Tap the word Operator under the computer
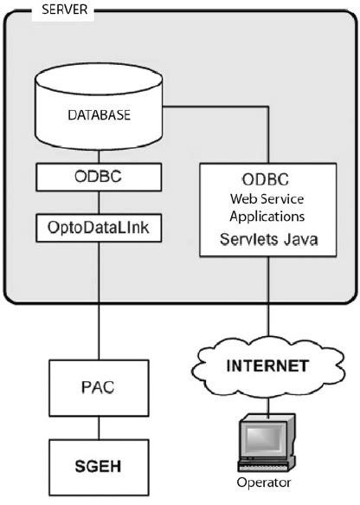point(266,482)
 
